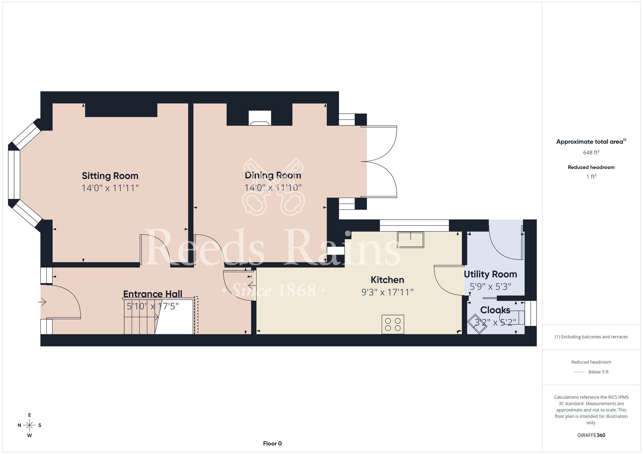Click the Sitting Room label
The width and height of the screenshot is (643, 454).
point(110,176)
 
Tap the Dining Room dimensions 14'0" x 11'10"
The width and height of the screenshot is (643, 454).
point(273,188)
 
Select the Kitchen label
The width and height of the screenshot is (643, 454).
point(387,280)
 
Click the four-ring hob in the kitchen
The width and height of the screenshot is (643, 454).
point(393,324)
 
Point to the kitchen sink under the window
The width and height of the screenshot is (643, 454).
point(411,240)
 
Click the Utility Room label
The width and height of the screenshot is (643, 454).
point(490,274)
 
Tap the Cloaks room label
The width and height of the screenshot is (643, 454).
point(495,310)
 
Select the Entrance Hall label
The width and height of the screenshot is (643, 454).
point(153,294)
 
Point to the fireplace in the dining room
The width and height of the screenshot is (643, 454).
point(260,118)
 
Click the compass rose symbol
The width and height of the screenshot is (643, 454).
point(30,425)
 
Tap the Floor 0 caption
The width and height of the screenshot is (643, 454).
point(272,443)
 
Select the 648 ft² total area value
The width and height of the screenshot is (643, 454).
point(591,153)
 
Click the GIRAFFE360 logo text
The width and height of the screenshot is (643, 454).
point(591,435)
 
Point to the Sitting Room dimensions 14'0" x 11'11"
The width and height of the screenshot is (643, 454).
point(110,188)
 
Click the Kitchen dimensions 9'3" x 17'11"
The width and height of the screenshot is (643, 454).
point(387,292)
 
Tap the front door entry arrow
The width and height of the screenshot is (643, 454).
point(42,302)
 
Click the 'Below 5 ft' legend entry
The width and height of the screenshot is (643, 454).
point(598,372)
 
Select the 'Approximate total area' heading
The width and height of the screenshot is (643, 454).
point(591,142)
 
